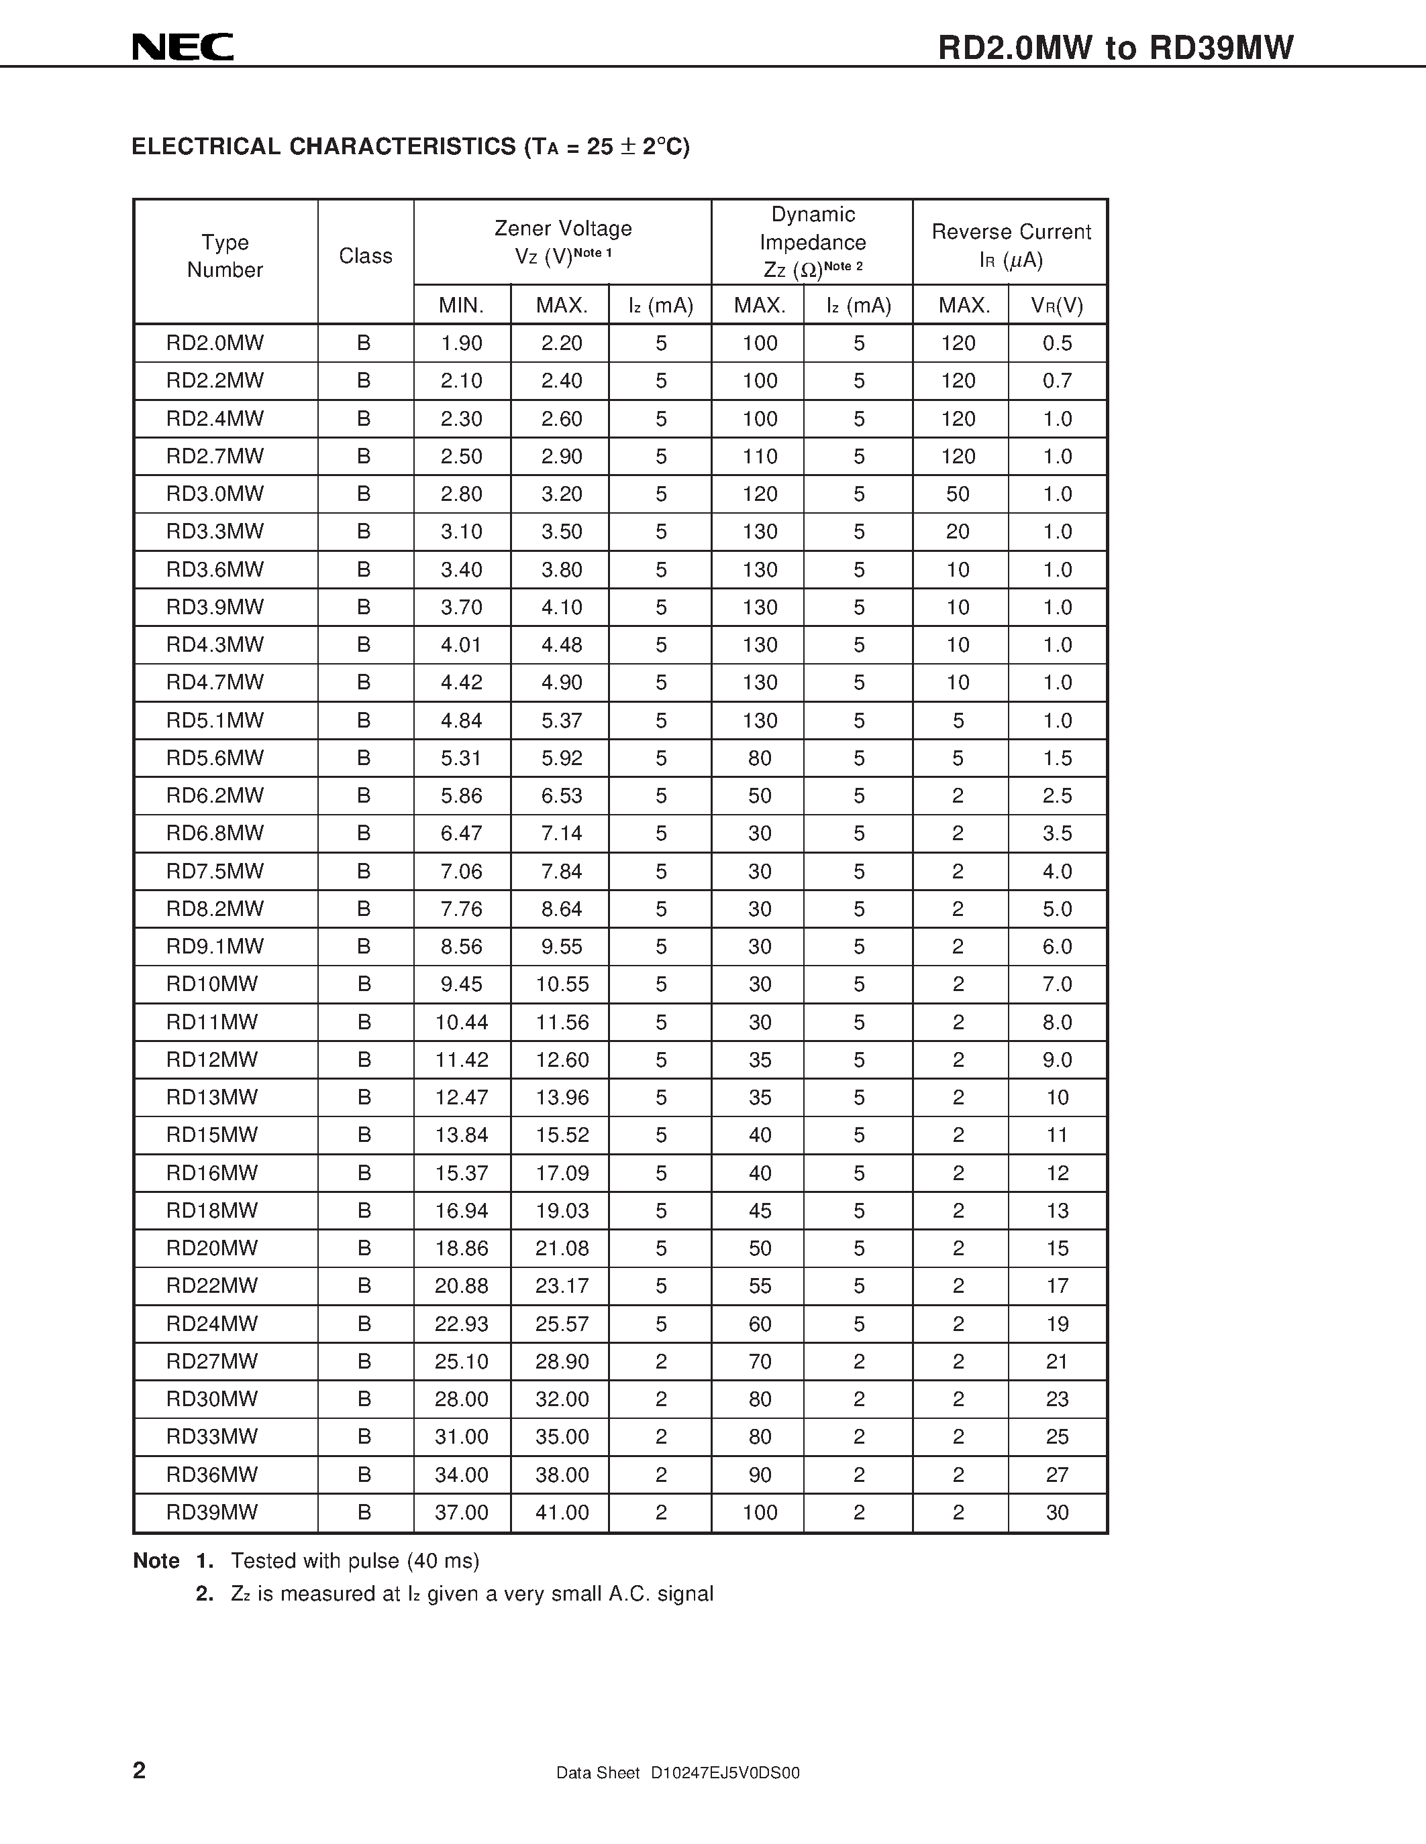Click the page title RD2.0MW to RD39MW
pyautogui.click(x=1115, y=48)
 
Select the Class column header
pyautogui.click(x=365, y=256)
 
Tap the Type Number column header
pyautogui.click(x=225, y=256)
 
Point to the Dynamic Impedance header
pyautogui.click(x=812, y=241)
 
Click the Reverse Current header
pyautogui.click(x=1011, y=245)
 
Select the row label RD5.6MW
pyautogui.click(x=215, y=758)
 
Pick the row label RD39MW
pyautogui.click(x=211, y=1512)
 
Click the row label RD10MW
pyautogui.click(x=211, y=984)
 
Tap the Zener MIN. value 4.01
pyautogui.click(x=461, y=645)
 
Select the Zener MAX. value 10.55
pyautogui.click(x=562, y=984)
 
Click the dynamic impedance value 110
pyautogui.click(x=760, y=457)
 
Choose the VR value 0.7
pyautogui.click(x=1057, y=381)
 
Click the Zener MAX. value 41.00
pyautogui.click(x=562, y=1512)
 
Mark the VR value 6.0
pyautogui.click(x=1057, y=947)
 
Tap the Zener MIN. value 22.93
pyautogui.click(x=461, y=1324)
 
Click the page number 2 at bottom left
pyautogui.click(x=140, y=1770)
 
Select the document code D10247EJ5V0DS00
pyautogui.click(x=725, y=1773)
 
